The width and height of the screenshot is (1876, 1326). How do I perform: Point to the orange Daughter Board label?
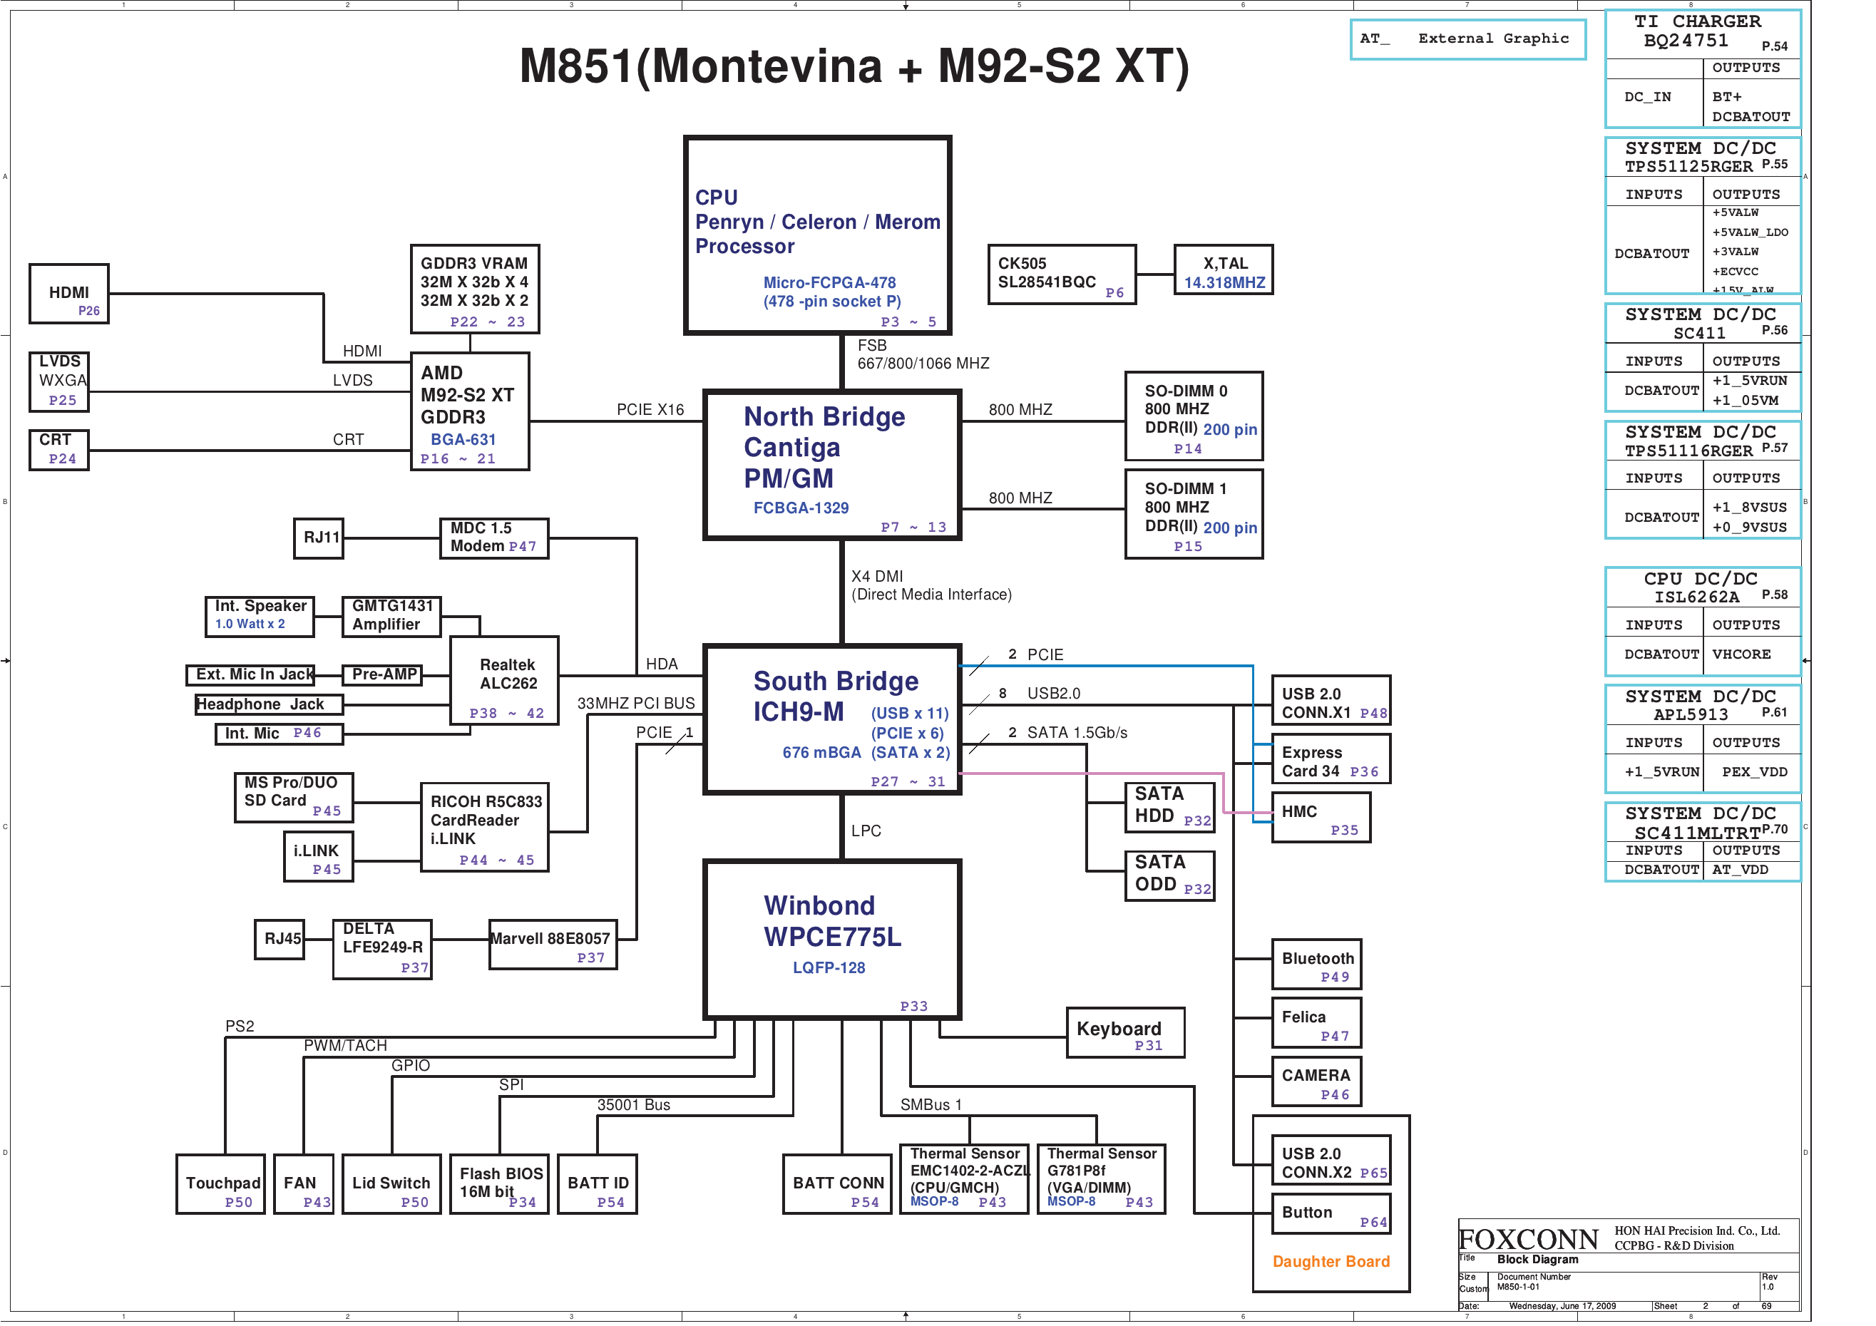1331,1261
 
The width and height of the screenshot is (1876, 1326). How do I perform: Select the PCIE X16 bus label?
650,409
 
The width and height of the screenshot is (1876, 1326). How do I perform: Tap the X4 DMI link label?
877,576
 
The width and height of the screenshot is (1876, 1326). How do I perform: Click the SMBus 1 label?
931,1104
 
